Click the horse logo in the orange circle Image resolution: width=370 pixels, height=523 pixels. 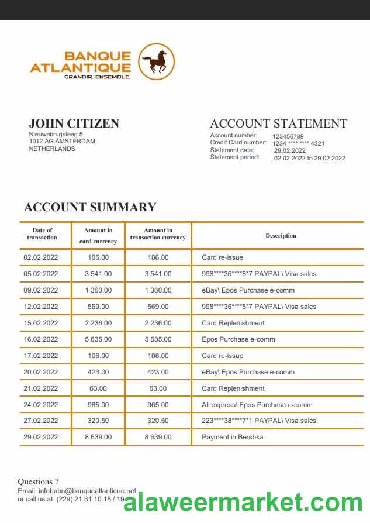[157, 61]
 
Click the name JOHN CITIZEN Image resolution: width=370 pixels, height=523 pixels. [74, 123]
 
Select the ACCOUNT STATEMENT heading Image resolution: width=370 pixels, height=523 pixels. [278, 123]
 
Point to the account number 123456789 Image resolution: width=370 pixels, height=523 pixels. [288, 137]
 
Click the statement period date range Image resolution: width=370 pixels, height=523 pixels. [309, 158]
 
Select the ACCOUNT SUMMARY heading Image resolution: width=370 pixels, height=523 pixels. [90, 207]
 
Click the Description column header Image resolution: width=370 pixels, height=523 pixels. [281, 236]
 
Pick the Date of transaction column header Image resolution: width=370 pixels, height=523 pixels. [42, 234]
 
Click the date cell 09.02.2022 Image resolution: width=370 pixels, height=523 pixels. [41, 290]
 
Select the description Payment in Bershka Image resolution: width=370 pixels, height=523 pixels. [233, 437]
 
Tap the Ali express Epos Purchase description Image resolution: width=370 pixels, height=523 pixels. [257, 405]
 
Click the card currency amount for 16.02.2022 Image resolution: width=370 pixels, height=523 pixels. [98, 339]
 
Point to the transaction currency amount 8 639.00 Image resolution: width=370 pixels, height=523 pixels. [158, 437]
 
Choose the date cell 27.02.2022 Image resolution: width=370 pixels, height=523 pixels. [41, 421]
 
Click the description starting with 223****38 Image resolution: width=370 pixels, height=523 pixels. [259, 421]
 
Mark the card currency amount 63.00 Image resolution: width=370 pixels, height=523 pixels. [98, 388]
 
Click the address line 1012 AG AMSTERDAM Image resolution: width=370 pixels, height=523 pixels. [62, 141]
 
